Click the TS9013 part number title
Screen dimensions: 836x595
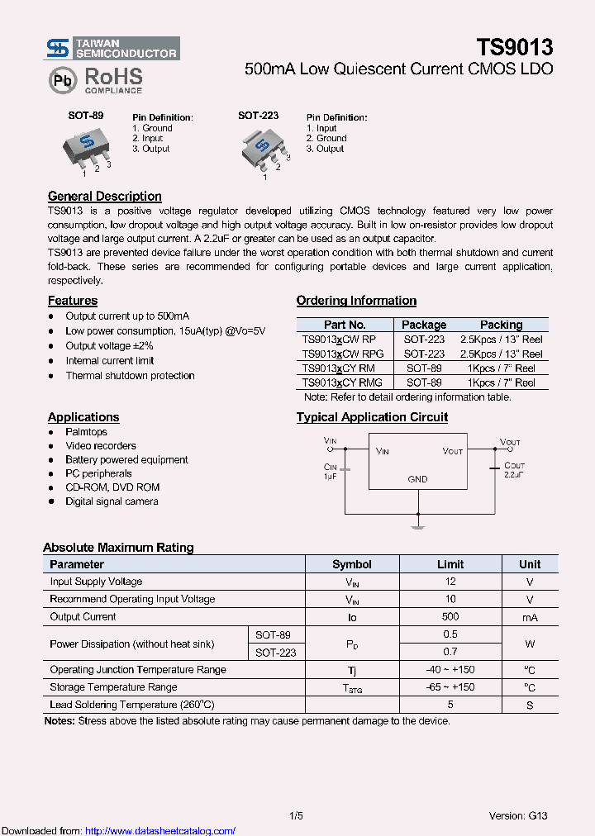(x=514, y=48)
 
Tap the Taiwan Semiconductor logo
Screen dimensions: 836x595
(x=112, y=49)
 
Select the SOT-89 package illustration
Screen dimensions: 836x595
(x=86, y=149)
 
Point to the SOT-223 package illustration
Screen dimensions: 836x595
(x=264, y=150)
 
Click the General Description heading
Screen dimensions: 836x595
(x=105, y=197)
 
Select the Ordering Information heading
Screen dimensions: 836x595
(x=356, y=301)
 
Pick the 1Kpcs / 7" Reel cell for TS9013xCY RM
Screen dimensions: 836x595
(x=501, y=368)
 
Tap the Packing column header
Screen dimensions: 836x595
(x=501, y=325)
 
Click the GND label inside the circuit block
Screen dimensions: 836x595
(x=417, y=479)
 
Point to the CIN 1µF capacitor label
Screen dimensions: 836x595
(x=331, y=472)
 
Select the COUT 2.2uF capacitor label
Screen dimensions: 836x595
(x=513, y=471)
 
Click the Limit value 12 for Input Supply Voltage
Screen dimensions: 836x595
(x=450, y=582)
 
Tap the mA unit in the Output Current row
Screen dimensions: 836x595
(x=530, y=617)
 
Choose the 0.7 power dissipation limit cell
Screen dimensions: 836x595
(x=450, y=653)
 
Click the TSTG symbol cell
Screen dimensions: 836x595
(x=352, y=687)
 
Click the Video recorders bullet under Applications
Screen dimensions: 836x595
(x=101, y=446)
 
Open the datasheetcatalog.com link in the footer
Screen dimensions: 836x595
(x=160, y=831)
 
